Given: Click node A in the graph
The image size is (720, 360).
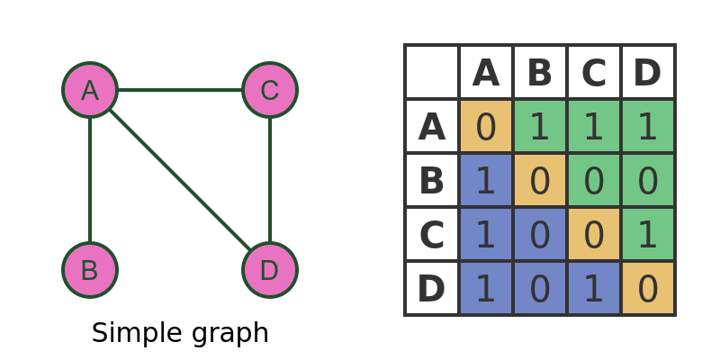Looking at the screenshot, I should pos(90,90).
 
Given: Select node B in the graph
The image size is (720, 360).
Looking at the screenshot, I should pos(90,270).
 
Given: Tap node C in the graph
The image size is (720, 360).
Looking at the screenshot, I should pos(270,90).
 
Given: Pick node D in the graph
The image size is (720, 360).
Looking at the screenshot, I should pos(270,270).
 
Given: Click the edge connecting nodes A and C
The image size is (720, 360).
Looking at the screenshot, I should pos(180,90).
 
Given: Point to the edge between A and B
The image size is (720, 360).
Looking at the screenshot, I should pos(90,180).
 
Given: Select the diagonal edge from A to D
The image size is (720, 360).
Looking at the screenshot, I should pos(180,180).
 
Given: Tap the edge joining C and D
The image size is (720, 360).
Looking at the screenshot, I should pos(270,180).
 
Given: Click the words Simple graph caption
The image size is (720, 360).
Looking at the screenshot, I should pos(180,333).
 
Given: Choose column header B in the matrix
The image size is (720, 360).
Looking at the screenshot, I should pos(540,72).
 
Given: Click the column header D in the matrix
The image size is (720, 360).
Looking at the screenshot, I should pos(648,72).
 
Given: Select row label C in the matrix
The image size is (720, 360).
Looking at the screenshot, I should pos(432,234).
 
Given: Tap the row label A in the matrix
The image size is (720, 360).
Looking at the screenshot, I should pos(432,126).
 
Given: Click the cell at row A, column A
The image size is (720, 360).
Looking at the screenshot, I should pos(486,126).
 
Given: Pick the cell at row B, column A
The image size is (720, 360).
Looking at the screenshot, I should pos(486,180).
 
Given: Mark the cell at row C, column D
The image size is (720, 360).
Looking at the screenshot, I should pos(648,234).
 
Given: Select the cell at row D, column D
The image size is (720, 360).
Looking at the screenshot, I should pos(648,288).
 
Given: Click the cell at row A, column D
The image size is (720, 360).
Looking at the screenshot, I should pos(648,126).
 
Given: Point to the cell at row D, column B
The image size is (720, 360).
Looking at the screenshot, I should pos(540,288).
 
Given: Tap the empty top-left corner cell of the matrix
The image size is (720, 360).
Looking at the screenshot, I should pos(432,72).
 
